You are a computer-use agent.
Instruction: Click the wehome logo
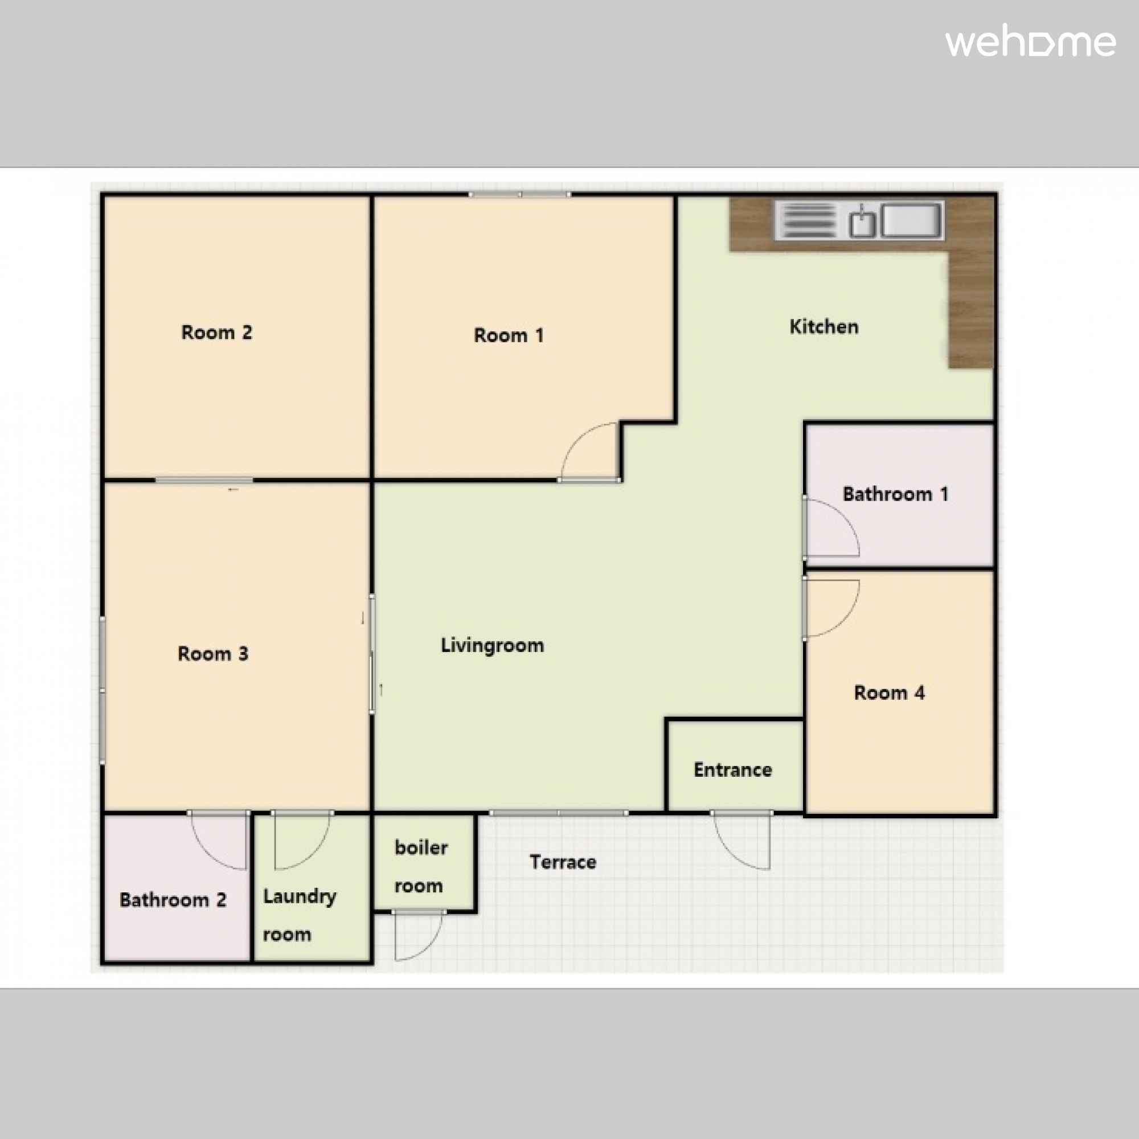click(1031, 43)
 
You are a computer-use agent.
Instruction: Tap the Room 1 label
click(508, 335)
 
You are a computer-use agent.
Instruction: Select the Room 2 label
click(216, 333)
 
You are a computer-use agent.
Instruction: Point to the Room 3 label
click(213, 654)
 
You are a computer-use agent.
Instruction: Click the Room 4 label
click(889, 693)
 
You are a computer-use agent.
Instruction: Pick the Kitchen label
click(823, 326)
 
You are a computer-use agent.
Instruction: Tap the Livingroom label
click(492, 646)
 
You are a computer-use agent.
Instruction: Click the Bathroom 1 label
click(895, 494)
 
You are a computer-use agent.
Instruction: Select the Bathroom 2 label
click(173, 900)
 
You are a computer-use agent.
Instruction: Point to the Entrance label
click(733, 770)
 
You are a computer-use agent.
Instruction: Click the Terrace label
click(563, 862)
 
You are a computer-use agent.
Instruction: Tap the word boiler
click(421, 848)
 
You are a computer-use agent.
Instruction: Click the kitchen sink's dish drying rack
click(808, 220)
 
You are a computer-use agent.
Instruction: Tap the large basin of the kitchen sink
click(911, 220)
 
